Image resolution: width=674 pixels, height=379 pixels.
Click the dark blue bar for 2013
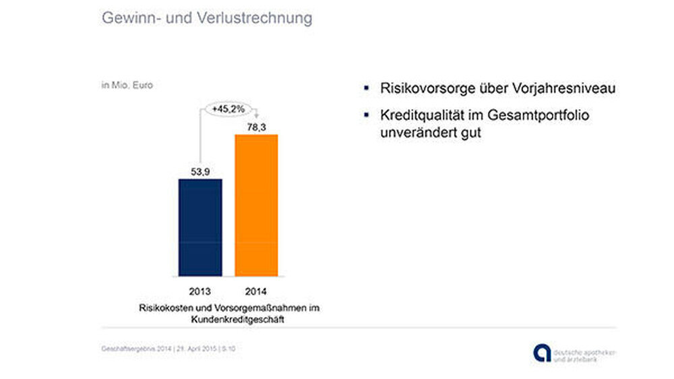pos(201,227)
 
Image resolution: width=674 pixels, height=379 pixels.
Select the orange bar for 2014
pos(256,205)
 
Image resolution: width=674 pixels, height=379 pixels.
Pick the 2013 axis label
pos(201,292)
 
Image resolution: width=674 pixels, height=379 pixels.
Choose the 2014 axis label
pos(256,292)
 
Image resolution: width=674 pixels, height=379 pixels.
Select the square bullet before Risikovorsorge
pos(366,88)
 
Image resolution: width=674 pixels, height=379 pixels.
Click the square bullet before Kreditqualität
pos(366,115)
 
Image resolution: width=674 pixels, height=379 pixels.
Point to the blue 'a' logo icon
pos(541,353)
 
